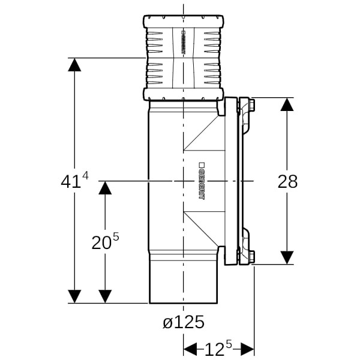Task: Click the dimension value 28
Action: [x=287, y=182]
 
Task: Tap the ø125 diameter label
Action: [x=184, y=322]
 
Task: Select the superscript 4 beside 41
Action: [x=85, y=176]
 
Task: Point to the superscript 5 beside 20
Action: [x=116, y=236]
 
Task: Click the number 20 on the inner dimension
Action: [x=101, y=243]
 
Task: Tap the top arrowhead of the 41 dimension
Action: [x=74, y=65]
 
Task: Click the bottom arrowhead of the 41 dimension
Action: [x=74, y=296]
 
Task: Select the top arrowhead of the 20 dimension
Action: [x=105, y=188]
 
